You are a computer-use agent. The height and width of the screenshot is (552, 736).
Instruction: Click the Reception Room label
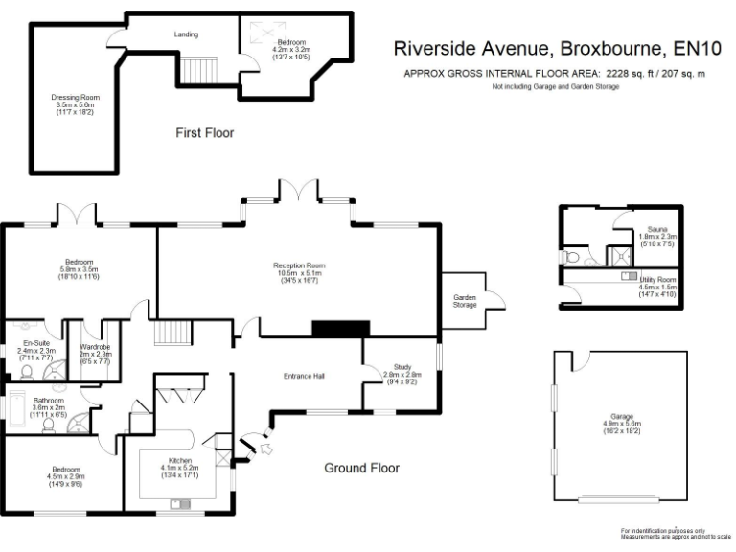[x=299, y=265]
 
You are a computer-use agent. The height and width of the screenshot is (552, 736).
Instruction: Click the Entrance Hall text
[x=305, y=376]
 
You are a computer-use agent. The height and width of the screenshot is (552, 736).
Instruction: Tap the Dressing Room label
[x=75, y=98]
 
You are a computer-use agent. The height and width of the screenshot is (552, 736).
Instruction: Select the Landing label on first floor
[x=186, y=34]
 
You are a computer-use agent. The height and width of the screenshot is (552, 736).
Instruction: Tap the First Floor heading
[x=204, y=133]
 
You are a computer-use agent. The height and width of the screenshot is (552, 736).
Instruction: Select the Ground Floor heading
[x=360, y=469]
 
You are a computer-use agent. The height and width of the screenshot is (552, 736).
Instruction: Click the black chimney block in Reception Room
[x=340, y=328]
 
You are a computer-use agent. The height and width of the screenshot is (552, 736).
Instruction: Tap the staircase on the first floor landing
[x=201, y=70]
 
